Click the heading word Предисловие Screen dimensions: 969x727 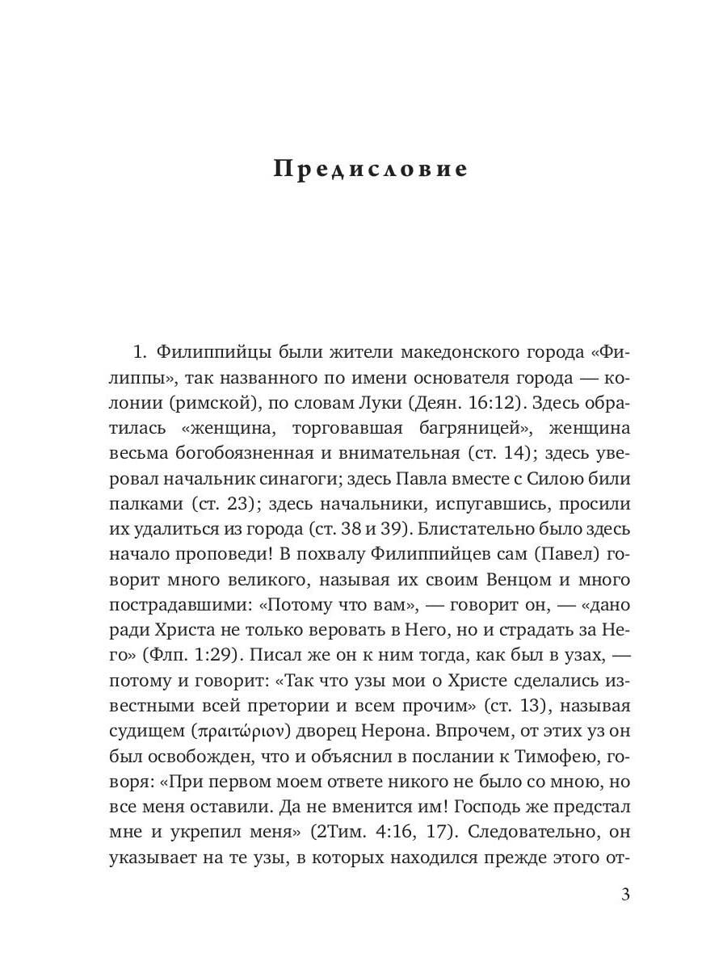tap(371, 170)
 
